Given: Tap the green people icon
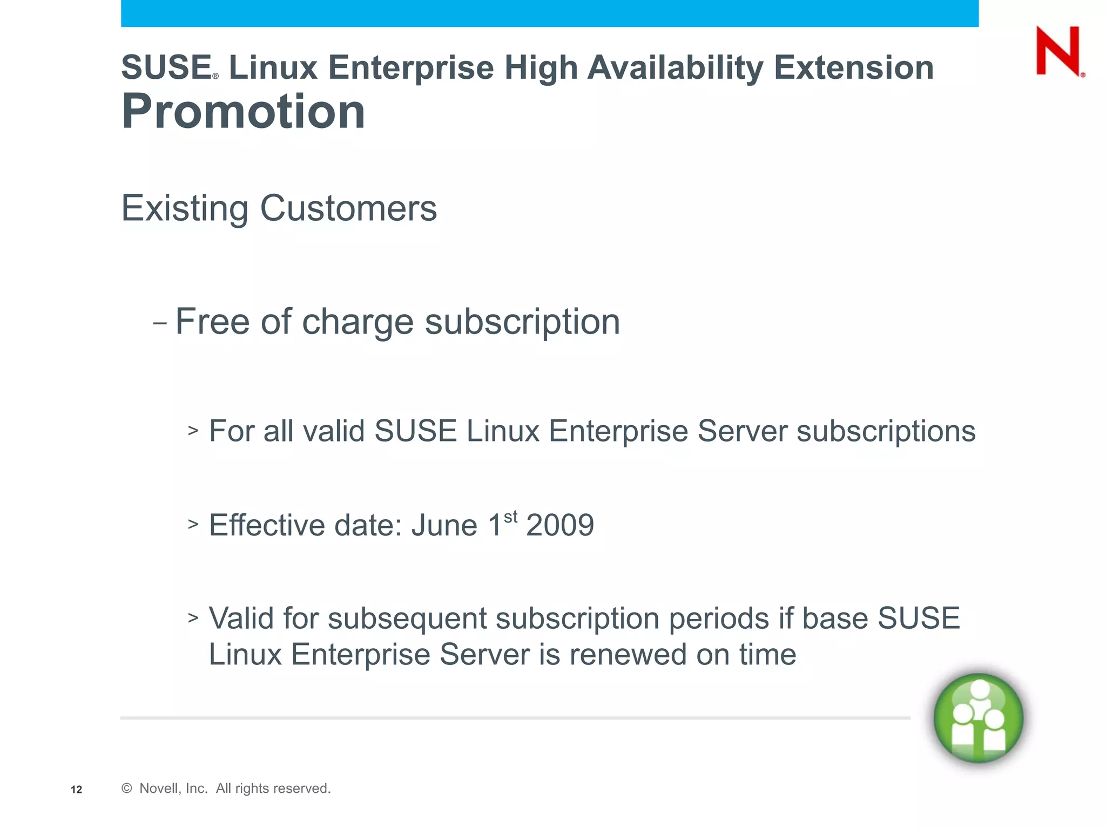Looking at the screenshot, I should [978, 718].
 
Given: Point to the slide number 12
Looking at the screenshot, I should [77, 790].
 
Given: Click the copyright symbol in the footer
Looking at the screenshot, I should [127, 789].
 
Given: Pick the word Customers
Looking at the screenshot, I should [348, 208].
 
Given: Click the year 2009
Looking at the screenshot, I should [560, 525].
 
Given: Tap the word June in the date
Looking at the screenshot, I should [444, 525].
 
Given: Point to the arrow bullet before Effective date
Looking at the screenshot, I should [193, 524].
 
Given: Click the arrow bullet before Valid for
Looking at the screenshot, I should [193, 617].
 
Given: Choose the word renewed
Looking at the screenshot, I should [628, 655].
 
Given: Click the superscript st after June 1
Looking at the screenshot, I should [510, 517].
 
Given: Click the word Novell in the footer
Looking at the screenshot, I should [158, 789].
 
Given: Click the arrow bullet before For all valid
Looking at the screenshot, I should [193, 430].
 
